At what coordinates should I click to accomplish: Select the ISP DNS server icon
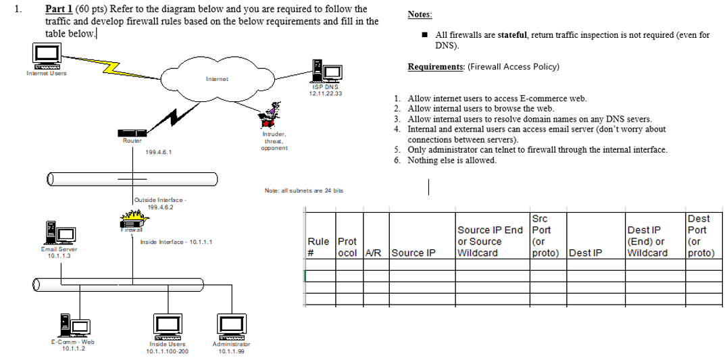[x=324, y=71]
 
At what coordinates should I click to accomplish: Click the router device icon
[x=132, y=132]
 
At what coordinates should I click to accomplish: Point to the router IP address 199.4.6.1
[x=159, y=153]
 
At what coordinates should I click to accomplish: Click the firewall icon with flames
[x=132, y=220]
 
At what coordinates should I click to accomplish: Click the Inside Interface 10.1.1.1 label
[x=176, y=242]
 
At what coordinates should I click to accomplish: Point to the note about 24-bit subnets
[x=303, y=190]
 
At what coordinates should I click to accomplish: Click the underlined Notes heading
[x=420, y=15]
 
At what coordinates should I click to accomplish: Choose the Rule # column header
[x=318, y=247]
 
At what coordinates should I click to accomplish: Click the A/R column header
[x=373, y=253]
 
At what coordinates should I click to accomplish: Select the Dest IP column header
[x=585, y=253]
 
